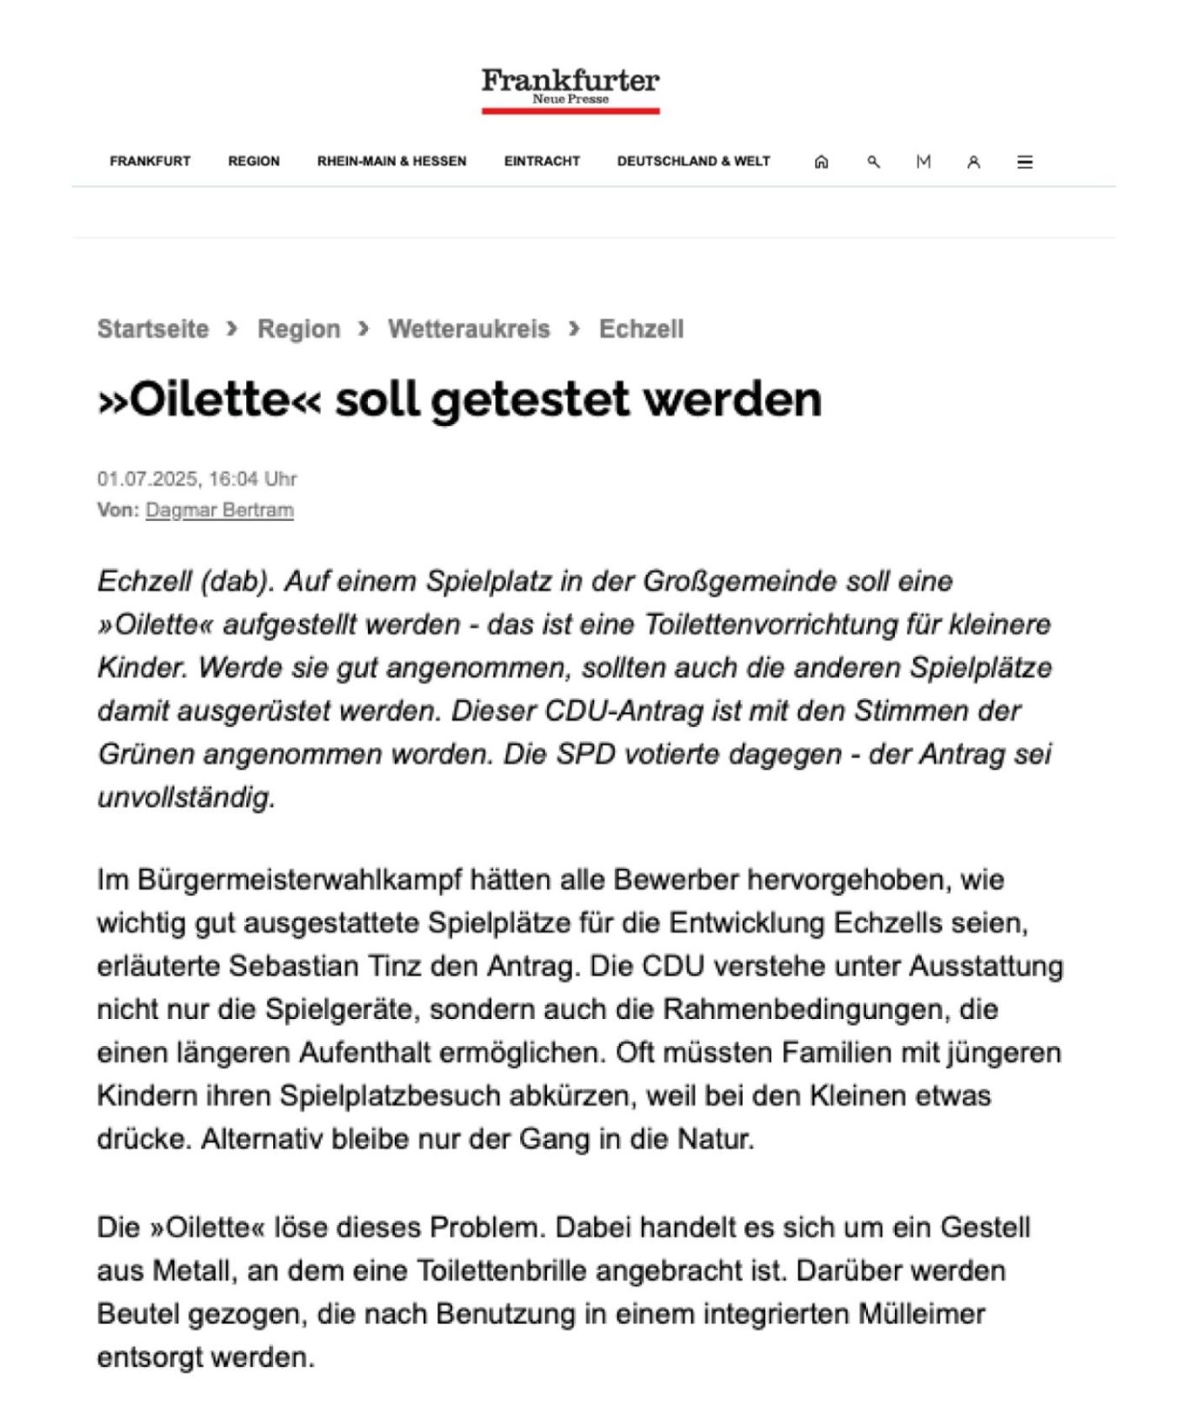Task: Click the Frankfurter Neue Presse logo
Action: tap(571, 89)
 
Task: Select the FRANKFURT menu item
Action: tap(150, 162)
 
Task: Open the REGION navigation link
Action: tap(254, 162)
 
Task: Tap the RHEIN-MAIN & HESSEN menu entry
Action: tap(391, 162)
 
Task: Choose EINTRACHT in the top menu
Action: tap(542, 162)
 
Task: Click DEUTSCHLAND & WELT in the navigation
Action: tap(693, 162)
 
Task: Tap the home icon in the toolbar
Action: tap(821, 162)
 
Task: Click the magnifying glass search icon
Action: tap(873, 162)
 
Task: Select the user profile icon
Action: tap(973, 162)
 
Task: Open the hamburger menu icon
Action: tap(1024, 162)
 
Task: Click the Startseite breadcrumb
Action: tap(153, 330)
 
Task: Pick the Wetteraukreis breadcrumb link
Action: tap(469, 330)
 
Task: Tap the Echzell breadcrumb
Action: tap(641, 330)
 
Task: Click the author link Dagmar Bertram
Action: tap(219, 510)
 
